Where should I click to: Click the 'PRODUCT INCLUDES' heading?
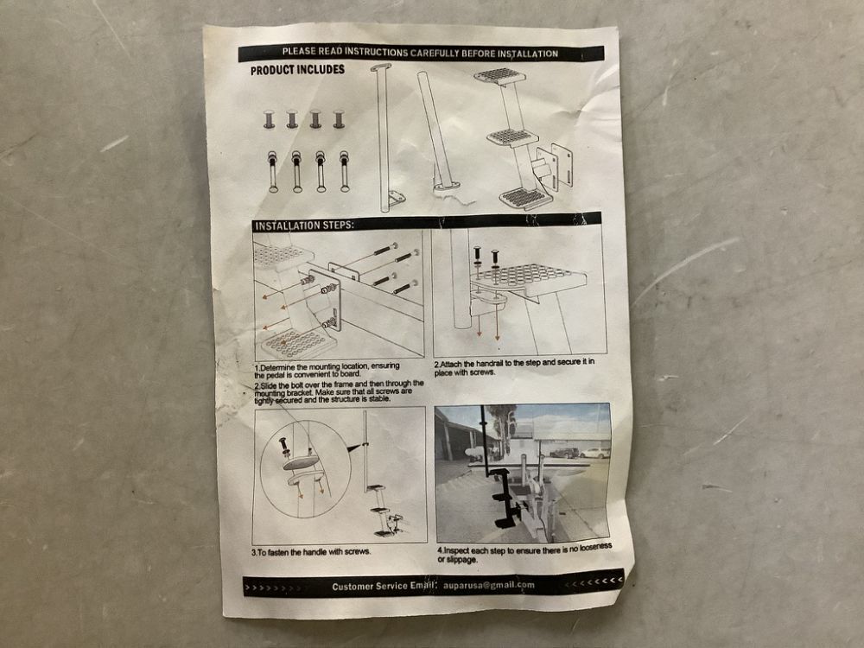click(297, 70)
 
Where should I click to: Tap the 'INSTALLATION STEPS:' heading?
click(304, 226)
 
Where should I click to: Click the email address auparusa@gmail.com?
click(489, 585)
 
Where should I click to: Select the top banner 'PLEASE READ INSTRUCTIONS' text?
click(421, 53)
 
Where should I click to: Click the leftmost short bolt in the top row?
click(269, 119)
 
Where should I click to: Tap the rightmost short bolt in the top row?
click(339, 119)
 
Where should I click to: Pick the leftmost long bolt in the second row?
click(273, 171)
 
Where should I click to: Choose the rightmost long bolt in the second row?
click(345, 171)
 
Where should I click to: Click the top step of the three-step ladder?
click(499, 76)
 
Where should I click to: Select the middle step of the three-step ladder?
click(511, 137)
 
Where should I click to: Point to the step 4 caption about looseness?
click(524, 554)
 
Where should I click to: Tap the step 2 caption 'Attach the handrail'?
click(515, 367)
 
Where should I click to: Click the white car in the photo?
click(594, 453)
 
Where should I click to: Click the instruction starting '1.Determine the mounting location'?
click(327, 370)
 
